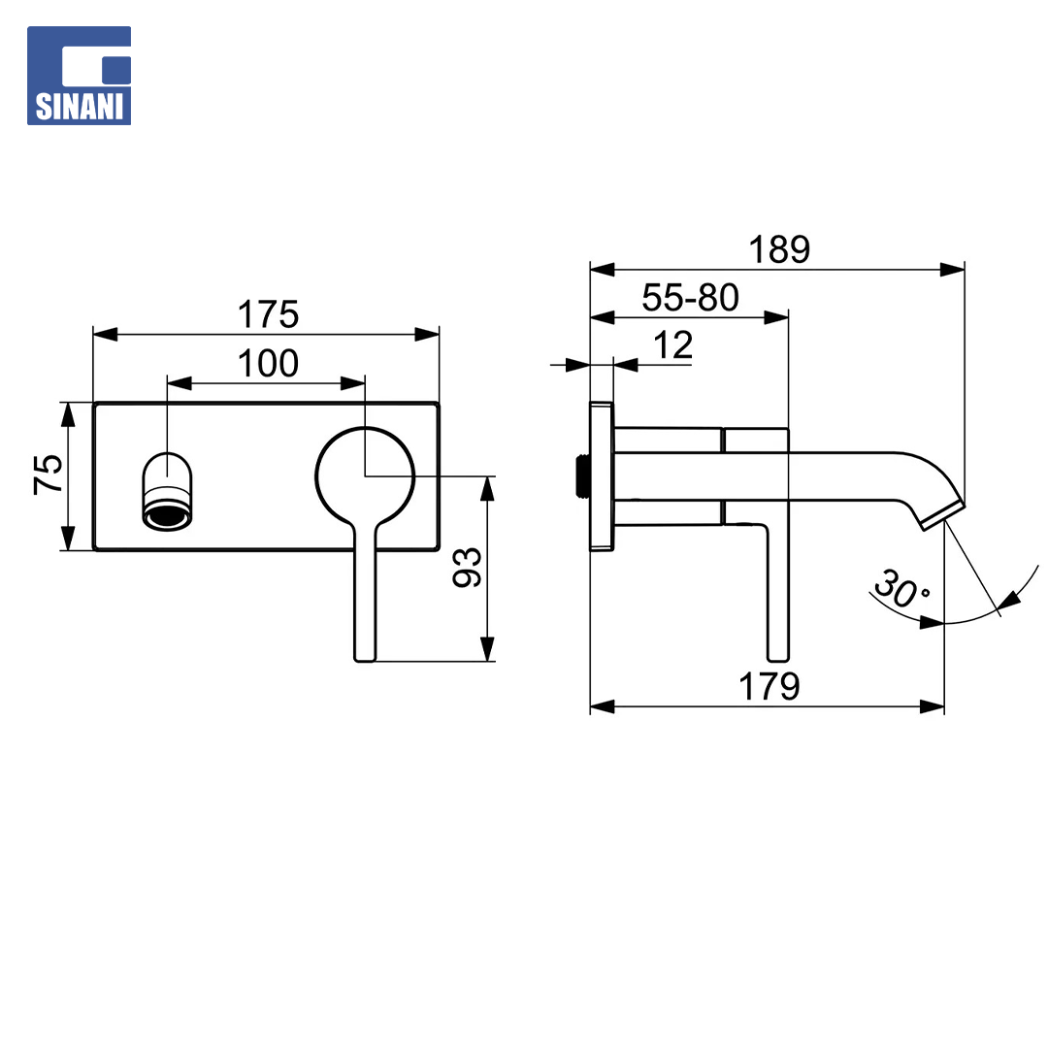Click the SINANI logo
click(x=79, y=76)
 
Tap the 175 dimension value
click(x=268, y=314)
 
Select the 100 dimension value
click(x=268, y=364)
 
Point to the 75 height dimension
click(x=49, y=475)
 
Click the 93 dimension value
click(x=467, y=568)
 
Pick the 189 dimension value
click(x=779, y=250)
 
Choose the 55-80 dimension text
click(x=691, y=298)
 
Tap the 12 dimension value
click(x=673, y=345)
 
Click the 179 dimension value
click(x=770, y=686)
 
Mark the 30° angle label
click(x=900, y=588)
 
